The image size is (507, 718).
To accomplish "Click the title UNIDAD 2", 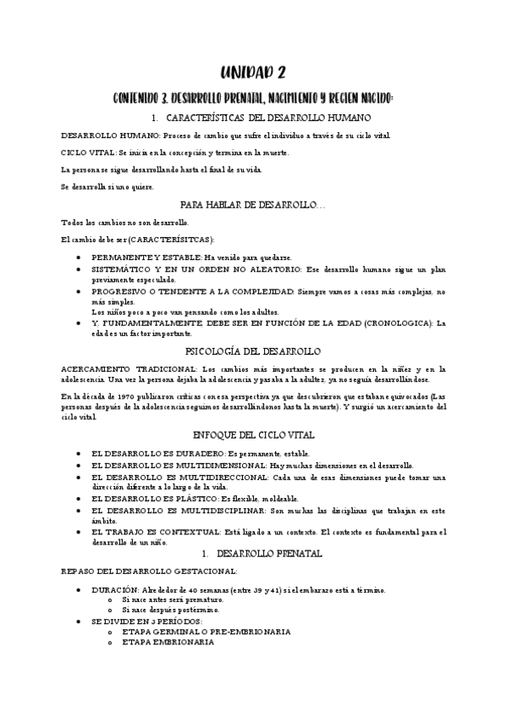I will click(x=254, y=74).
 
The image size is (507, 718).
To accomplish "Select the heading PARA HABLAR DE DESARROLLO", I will click(x=253, y=205).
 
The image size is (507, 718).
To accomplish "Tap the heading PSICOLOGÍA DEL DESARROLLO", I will click(x=253, y=350).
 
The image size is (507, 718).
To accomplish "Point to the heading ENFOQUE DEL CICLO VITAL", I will click(x=254, y=434).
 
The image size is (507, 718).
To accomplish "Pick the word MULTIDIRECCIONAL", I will click(x=212, y=478).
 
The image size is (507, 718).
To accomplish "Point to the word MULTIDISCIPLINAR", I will click(x=213, y=513).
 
